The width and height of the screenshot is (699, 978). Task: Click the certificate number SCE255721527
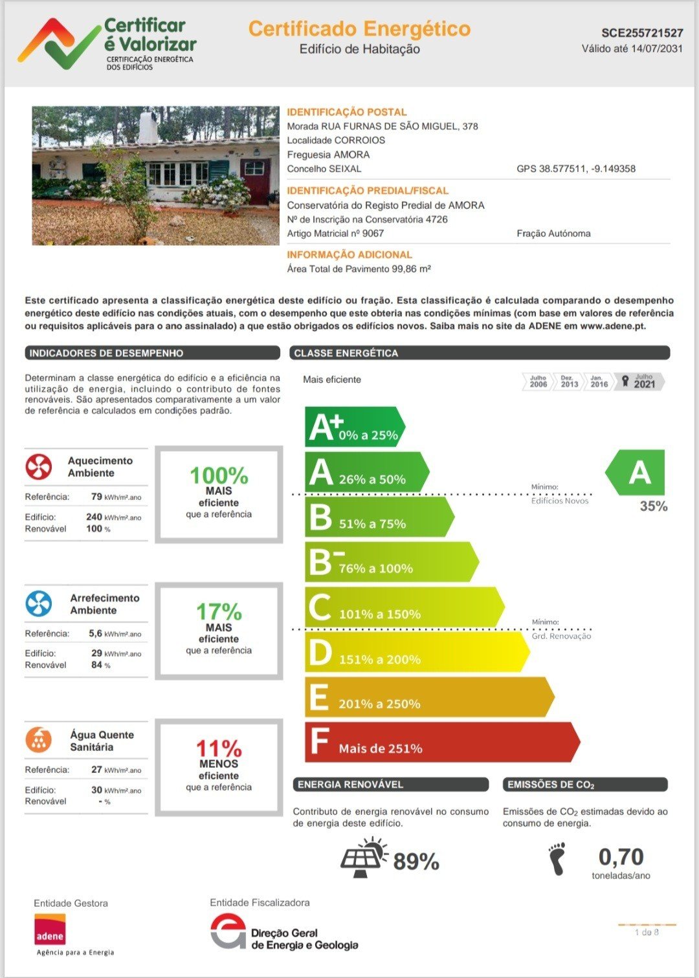tap(642, 33)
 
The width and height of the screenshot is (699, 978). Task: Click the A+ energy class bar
tap(353, 427)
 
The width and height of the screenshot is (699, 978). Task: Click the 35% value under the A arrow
tap(653, 506)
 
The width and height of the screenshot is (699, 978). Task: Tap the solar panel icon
tap(364, 858)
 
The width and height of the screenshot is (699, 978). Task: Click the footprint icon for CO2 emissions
tap(557, 859)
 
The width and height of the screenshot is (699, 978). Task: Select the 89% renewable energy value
tap(416, 862)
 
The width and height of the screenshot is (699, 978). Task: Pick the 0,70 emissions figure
tap(621, 857)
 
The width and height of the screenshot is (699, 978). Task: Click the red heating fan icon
tap(39, 466)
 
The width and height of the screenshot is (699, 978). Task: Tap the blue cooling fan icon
tap(39, 603)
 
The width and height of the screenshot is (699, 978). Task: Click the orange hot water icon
tap(39, 740)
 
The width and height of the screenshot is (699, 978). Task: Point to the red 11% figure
tap(219, 748)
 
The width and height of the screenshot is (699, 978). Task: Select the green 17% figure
tap(219, 611)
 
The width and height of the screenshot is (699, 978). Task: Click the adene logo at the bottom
tap(50, 929)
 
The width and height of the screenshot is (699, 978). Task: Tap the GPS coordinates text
tap(576, 169)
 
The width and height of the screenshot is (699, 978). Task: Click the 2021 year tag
tap(643, 382)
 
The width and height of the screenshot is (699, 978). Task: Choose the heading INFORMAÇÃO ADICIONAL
tap(349, 255)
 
